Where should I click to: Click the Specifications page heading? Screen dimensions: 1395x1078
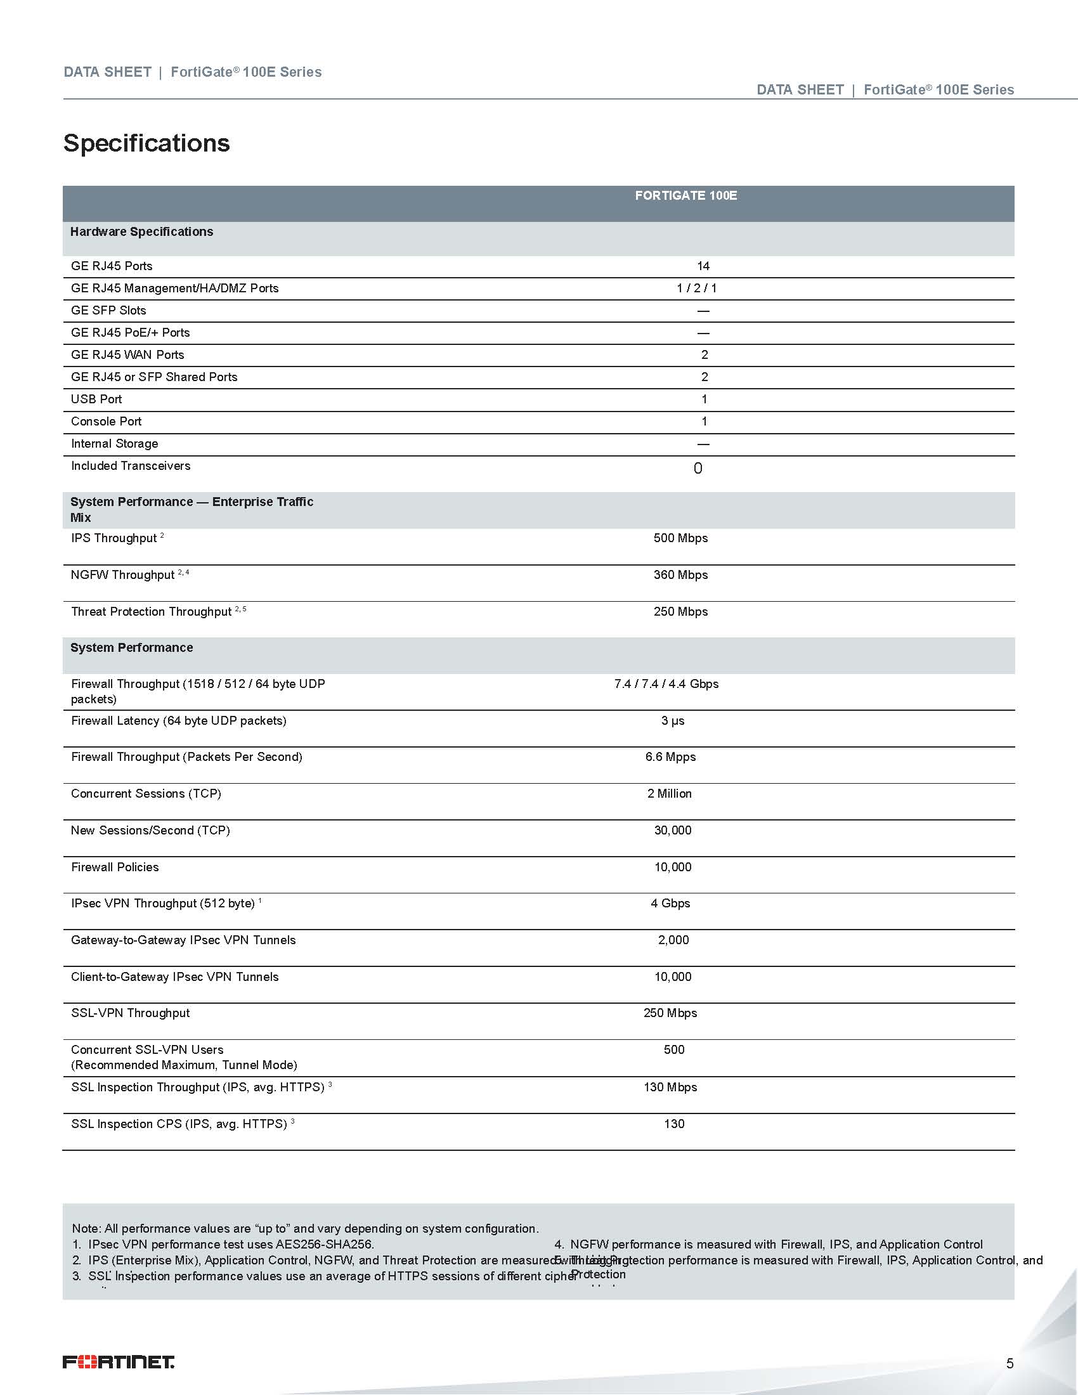click(146, 143)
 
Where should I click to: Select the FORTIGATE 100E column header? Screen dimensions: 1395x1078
click(685, 195)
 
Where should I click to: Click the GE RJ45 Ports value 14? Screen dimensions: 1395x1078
click(703, 266)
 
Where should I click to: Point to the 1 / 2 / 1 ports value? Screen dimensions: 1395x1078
click(696, 288)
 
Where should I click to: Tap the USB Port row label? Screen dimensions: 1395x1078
click(96, 399)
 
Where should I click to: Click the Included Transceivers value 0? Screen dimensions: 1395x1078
click(698, 468)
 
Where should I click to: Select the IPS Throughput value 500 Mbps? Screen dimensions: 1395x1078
click(680, 538)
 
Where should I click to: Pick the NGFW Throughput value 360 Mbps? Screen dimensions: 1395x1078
click(680, 575)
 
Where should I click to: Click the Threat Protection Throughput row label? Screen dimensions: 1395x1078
click(152, 612)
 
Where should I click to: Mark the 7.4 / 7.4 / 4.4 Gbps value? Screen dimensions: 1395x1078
click(666, 684)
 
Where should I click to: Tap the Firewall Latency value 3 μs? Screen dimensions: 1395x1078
click(672, 720)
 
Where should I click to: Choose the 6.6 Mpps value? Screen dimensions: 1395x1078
click(670, 757)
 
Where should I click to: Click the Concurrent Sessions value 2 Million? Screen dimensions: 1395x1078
click(669, 793)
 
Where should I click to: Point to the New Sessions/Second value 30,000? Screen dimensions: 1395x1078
click(672, 831)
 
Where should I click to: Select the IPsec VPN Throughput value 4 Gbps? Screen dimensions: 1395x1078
click(670, 903)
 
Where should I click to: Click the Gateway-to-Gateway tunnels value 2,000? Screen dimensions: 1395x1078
click(673, 940)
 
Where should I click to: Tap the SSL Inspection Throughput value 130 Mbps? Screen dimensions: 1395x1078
click(670, 1087)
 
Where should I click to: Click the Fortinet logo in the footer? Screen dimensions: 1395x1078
click(118, 1362)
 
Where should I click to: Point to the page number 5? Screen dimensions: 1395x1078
click(1010, 1364)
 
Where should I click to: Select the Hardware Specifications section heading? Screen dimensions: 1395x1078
click(142, 232)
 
